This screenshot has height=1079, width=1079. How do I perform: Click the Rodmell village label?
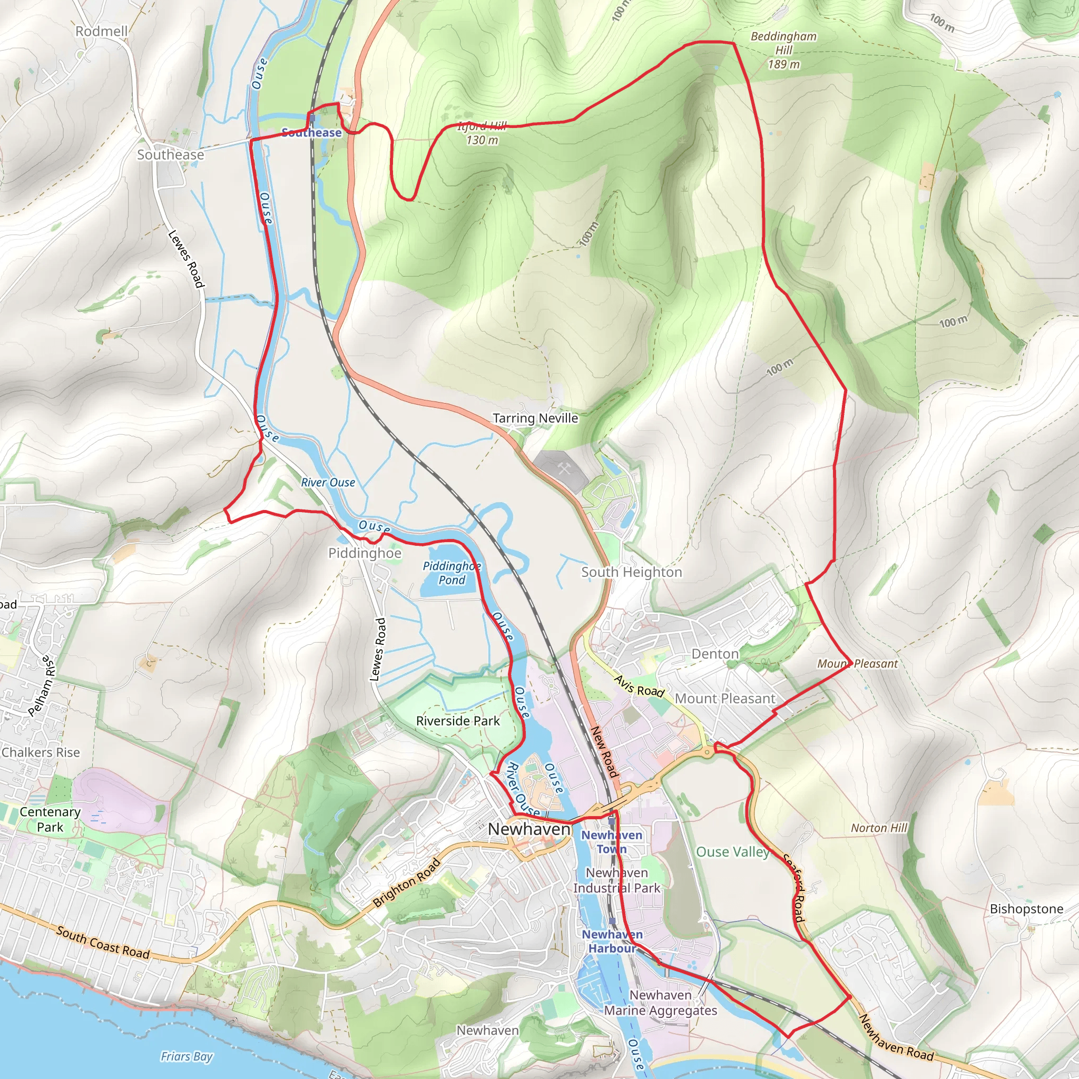[x=102, y=31]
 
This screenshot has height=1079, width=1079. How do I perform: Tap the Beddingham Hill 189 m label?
[x=783, y=50]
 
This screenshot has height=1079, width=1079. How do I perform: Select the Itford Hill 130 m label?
[x=482, y=133]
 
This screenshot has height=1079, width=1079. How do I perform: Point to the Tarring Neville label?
[x=535, y=418]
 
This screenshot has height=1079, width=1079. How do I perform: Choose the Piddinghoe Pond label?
[x=452, y=573]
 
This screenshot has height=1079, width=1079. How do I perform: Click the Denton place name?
[x=715, y=653]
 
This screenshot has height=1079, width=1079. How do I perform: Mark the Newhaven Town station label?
[x=612, y=841]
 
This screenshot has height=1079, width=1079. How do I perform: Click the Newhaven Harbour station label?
[x=612, y=941]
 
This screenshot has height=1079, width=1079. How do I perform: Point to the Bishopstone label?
[x=1026, y=909]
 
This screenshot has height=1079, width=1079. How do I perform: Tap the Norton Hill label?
[x=879, y=828]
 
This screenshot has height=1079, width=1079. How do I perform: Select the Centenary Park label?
[x=50, y=819]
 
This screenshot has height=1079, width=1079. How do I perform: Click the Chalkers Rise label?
[x=41, y=752]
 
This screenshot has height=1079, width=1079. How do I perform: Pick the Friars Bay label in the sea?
[x=187, y=1056]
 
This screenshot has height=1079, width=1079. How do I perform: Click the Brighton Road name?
[x=406, y=883]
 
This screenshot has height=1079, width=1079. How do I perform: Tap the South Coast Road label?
[x=103, y=943]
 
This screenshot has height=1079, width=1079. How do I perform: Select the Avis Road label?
[x=639, y=686]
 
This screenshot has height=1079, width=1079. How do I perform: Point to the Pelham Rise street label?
[x=42, y=686]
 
